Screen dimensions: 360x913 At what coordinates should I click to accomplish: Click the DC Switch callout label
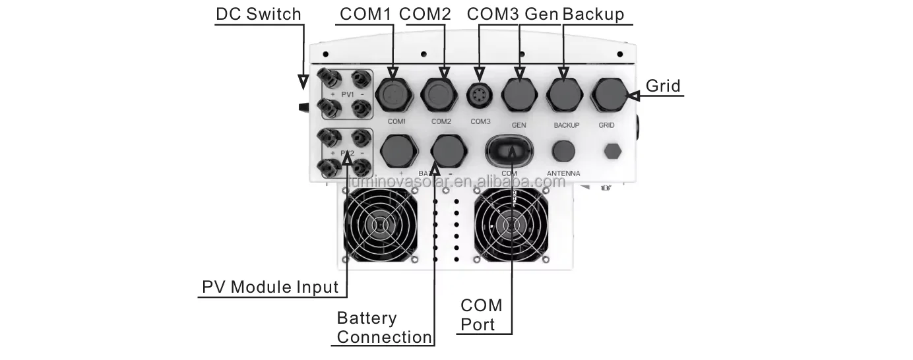(x=258, y=15)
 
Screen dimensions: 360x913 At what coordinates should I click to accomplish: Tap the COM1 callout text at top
(x=365, y=15)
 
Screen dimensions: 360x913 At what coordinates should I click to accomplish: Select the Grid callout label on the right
(x=662, y=86)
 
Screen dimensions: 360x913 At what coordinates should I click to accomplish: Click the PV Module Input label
(x=270, y=287)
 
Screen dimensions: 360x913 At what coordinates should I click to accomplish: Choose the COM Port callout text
(x=481, y=315)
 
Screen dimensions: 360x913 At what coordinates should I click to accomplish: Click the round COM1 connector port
(x=394, y=94)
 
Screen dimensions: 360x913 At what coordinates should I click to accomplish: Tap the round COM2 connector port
(x=441, y=94)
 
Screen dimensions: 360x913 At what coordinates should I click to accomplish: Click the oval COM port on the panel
(x=511, y=152)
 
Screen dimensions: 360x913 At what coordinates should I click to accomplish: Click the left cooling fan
(x=379, y=224)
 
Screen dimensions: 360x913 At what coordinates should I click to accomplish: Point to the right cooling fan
(x=511, y=224)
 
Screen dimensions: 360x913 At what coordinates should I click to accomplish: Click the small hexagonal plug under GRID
(x=613, y=151)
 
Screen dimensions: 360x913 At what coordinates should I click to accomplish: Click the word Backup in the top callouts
(x=594, y=15)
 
